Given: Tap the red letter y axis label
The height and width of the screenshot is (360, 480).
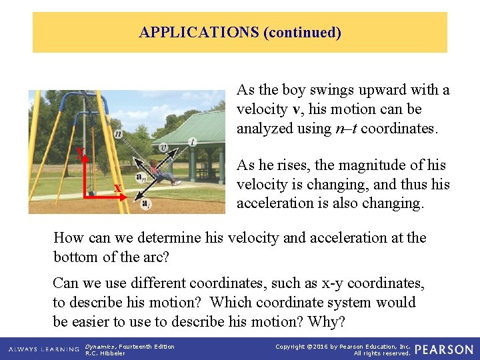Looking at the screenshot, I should coord(80,153).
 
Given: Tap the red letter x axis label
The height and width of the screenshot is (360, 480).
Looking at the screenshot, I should coord(117,188).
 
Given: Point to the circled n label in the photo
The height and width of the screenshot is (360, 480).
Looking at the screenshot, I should coord(118,134).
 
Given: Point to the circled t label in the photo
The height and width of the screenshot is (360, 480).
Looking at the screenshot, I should coord(193,142).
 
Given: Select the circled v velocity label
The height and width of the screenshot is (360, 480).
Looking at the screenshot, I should coord(163,148).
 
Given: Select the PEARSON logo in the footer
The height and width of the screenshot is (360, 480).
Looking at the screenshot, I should coord(444,349).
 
